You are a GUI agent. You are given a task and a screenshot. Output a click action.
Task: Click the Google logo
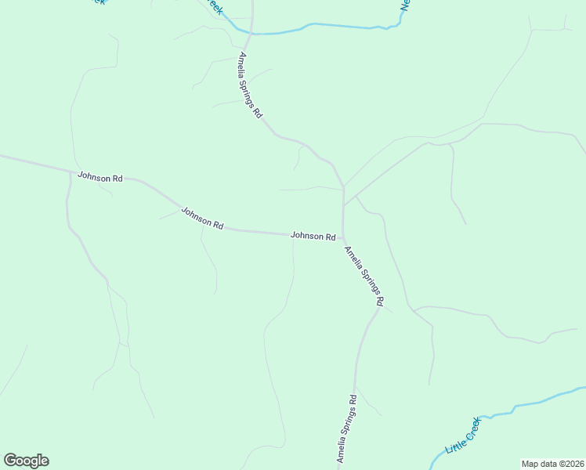[26, 461]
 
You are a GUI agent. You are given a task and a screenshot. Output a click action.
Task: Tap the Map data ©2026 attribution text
[552, 464]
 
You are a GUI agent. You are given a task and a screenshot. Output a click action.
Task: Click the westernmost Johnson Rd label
[100, 178]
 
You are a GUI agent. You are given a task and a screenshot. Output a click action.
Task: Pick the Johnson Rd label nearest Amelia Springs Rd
[313, 236]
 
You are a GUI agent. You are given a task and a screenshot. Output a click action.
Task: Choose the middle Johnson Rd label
[202, 218]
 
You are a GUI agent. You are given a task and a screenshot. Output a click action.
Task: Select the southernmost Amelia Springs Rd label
[347, 428]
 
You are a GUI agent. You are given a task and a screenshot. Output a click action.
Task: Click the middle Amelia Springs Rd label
[364, 276]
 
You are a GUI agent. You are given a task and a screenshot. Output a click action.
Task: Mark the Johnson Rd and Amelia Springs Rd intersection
[343, 237]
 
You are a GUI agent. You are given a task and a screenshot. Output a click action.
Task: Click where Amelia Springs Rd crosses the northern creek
[251, 33]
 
